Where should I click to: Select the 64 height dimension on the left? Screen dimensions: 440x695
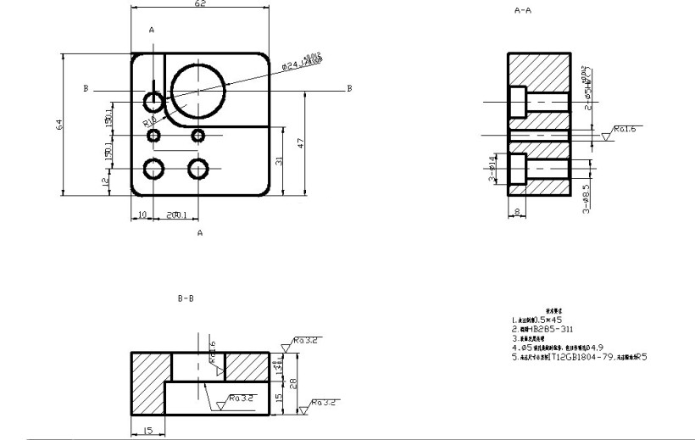59,125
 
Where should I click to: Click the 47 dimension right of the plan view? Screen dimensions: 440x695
301,143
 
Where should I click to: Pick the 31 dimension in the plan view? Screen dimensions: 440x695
278,160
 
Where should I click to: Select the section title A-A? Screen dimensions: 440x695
523,11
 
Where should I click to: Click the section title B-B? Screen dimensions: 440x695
186,298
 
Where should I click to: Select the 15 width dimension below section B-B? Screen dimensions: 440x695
147,432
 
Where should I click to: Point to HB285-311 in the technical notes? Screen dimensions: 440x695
542,328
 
